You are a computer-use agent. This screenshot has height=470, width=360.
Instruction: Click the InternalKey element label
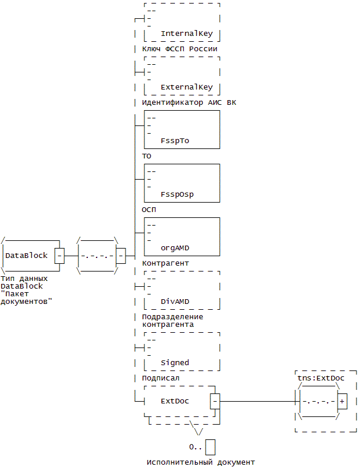pos(187,34)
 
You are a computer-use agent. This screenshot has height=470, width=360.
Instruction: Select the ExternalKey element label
pos(187,87)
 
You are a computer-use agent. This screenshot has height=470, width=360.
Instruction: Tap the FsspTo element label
pos(175,141)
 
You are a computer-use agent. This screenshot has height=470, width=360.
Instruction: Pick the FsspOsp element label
pos(177,194)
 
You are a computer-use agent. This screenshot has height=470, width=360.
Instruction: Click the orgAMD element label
pos(175,248)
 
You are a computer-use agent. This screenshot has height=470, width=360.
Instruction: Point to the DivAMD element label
pos(175,302)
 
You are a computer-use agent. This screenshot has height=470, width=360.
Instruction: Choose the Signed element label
pos(175,363)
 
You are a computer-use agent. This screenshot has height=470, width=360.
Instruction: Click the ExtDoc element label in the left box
pos(175,401)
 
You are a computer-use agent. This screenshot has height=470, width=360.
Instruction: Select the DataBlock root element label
pos(27,256)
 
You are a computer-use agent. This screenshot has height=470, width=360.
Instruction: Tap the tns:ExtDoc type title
pos(321,378)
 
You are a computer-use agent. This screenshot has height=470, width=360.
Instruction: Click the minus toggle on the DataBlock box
pos(60,256)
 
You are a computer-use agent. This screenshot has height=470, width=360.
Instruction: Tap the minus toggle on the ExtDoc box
pos(215,401)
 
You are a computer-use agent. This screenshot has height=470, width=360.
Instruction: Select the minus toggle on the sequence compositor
pos(121,256)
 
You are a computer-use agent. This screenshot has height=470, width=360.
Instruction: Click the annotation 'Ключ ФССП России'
pos(180,48)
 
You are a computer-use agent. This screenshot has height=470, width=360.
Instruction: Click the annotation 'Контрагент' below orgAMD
pos(166,263)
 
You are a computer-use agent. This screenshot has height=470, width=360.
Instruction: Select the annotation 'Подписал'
pos(161,378)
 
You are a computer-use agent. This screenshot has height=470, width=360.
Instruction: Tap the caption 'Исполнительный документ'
pos(201,462)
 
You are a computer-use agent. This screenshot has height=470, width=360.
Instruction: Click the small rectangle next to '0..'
pos(210,447)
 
